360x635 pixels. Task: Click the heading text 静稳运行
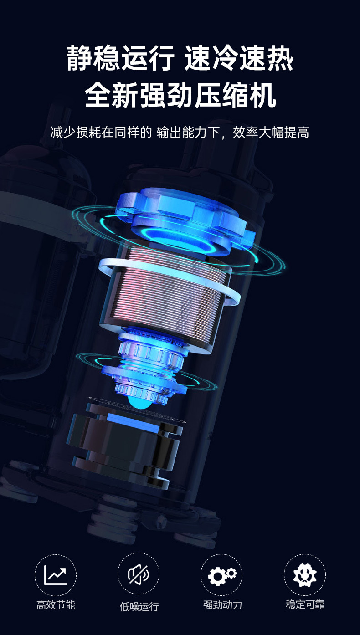click(x=120, y=58)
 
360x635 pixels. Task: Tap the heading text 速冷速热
click(x=239, y=58)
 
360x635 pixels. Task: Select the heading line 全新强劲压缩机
click(x=180, y=95)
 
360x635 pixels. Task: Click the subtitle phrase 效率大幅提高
click(x=271, y=133)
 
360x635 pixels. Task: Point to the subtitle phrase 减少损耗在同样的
click(x=101, y=133)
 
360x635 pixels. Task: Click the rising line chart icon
click(x=56, y=575)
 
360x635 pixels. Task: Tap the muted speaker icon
click(x=139, y=574)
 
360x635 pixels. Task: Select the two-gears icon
click(x=222, y=575)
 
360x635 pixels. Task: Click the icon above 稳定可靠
click(x=305, y=575)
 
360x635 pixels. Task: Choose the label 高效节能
click(x=56, y=604)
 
